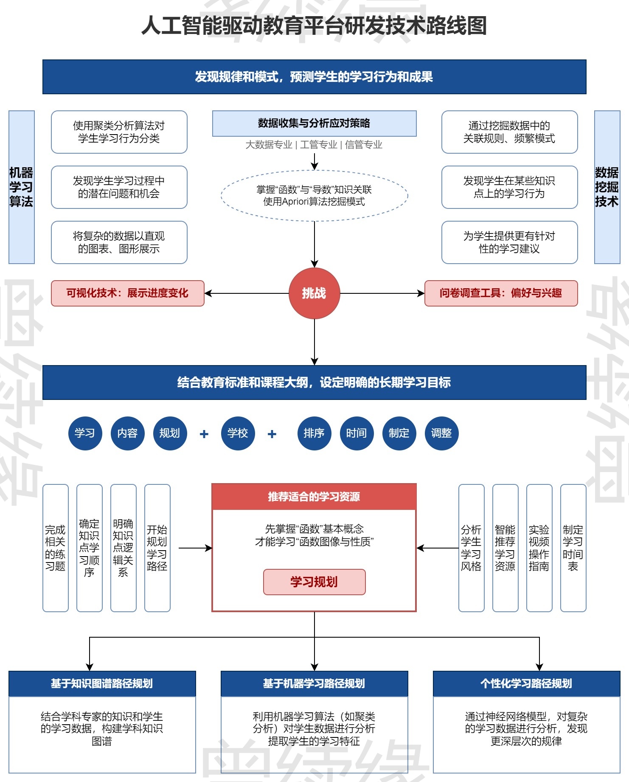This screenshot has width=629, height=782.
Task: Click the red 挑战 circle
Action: point(314,293)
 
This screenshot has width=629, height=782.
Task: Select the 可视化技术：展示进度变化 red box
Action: point(127,293)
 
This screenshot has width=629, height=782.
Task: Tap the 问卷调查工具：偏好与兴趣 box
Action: point(501,293)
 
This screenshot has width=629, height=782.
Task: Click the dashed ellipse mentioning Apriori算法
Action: point(314,196)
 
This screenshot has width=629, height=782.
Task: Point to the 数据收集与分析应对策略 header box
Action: point(314,123)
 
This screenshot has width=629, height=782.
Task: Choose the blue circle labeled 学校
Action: point(238,433)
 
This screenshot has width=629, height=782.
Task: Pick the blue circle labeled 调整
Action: point(441,433)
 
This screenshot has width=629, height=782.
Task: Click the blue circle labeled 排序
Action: point(314,433)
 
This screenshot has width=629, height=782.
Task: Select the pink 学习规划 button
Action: point(314,582)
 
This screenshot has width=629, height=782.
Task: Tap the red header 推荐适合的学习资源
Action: point(314,497)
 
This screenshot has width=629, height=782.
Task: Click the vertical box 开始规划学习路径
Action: point(157,548)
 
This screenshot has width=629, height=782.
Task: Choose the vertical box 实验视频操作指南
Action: point(539,548)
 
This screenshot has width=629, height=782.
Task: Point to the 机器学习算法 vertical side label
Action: point(21,187)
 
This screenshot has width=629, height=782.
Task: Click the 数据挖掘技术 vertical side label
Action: point(607,187)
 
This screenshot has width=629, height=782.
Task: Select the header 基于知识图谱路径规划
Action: point(102,684)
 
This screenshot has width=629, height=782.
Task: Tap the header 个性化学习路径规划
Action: point(526,684)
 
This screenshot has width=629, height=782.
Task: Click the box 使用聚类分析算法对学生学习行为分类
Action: point(119,132)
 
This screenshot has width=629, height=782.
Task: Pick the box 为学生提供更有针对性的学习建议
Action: point(509,242)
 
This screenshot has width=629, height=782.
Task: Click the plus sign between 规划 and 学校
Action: point(204,434)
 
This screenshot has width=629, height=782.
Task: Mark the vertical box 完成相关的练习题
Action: point(55,548)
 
